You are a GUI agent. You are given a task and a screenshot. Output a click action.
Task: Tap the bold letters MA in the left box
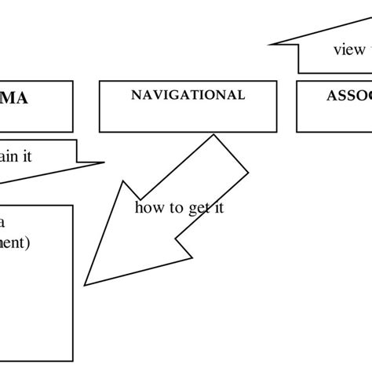(x=20, y=100)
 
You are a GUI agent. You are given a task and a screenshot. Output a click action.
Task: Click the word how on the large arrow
(x=149, y=208)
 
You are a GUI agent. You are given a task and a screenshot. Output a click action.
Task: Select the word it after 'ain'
(x=26, y=156)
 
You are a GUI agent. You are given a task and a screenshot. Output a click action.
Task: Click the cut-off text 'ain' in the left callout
(x=9, y=156)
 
